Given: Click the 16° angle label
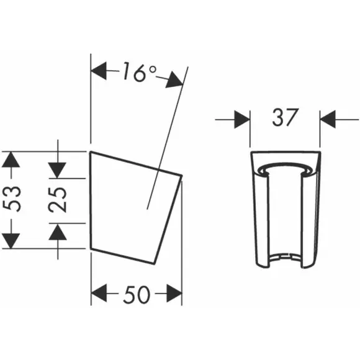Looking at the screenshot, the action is click(140, 73).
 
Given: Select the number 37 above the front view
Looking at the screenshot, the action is click(285, 118).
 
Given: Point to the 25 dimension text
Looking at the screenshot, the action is click(57, 199).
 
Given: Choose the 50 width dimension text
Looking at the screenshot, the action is click(137, 294).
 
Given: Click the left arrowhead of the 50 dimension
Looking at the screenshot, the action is click(99, 293).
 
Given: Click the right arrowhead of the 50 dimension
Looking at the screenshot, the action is click(174, 293).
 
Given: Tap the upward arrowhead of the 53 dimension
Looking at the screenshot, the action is click(11, 160).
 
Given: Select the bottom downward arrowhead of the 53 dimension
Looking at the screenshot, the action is click(11, 241).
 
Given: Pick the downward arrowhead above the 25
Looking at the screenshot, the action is click(57, 170).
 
